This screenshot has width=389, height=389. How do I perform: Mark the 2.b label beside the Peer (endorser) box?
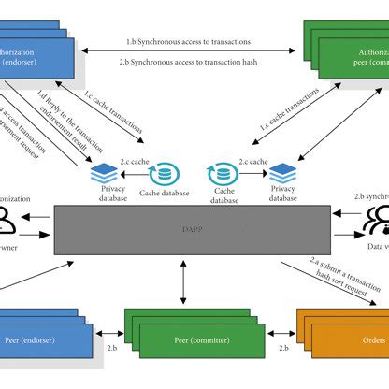tap(111, 348)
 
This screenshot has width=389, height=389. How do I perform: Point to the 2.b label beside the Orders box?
tap(277, 348)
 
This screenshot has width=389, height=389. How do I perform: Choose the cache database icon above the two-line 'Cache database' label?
tap(222, 173)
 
